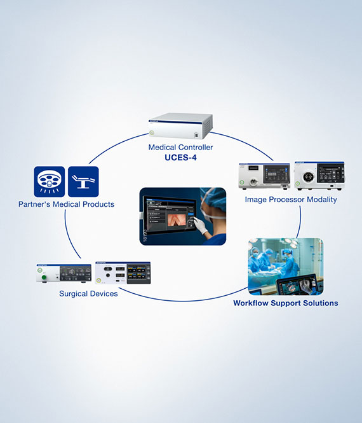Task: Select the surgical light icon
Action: (x=50, y=182)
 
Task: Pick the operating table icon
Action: (x=83, y=182)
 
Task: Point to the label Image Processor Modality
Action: (x=291, y=200)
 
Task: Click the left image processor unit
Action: (x=264, y=176)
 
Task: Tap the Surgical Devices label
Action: (x=88, y=294)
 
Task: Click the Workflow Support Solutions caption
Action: (x=285, y=303)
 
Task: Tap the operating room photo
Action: (x=285, y=266)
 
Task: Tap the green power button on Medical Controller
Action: (x=152, y=132)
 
